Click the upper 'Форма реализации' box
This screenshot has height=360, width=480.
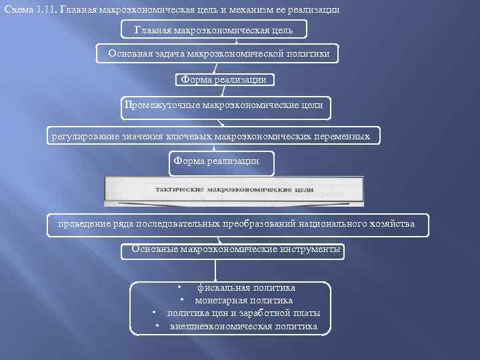pos(224,80)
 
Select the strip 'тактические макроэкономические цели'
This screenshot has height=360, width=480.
pos(233,190)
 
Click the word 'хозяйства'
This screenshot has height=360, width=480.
pos(391,224)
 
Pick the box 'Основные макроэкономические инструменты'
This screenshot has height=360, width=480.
pos(235,249)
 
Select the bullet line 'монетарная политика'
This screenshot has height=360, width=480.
pos(243,301)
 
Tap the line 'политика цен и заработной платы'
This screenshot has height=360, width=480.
pos(243,313)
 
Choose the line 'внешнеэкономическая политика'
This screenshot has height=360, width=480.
pos(243,326)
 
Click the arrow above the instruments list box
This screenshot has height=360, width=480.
pos(215,270)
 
